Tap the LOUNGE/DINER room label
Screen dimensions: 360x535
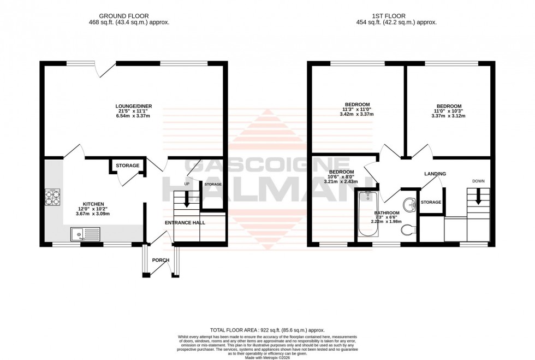click(133, 105)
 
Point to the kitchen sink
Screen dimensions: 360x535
click(85, 235)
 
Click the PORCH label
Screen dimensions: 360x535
click(160, 260)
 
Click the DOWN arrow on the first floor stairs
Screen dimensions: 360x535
click(478, 197)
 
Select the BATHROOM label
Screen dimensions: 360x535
click(387, 213)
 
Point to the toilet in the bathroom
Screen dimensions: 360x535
click(408, 231)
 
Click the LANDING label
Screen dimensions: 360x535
click(435, 174)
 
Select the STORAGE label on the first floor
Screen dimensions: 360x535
click(431, 202)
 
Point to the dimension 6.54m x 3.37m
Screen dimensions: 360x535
click(133, 116)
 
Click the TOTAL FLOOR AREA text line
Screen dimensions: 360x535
click(267, 330)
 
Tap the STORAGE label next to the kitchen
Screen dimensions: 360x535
click(127, 166)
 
